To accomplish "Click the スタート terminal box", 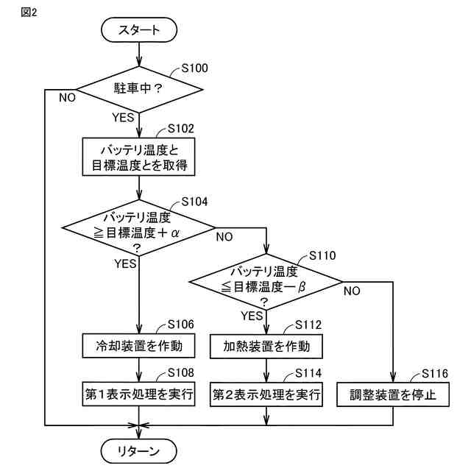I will click(138, 30).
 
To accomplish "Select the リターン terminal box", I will click(138, 450).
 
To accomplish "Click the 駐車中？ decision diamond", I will click(138, 90).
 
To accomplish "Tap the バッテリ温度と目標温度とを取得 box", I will click(138, 156).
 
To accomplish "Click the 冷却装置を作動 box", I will click(138, 345).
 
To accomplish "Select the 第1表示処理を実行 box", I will click(138, 394).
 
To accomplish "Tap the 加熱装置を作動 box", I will click(266, 345).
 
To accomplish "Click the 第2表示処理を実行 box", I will click(266, 394).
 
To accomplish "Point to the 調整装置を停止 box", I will click(394, 394).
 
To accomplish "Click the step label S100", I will click(194, 68).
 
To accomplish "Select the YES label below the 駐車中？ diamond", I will click(123, 117).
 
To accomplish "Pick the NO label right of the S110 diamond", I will click(352, 290).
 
